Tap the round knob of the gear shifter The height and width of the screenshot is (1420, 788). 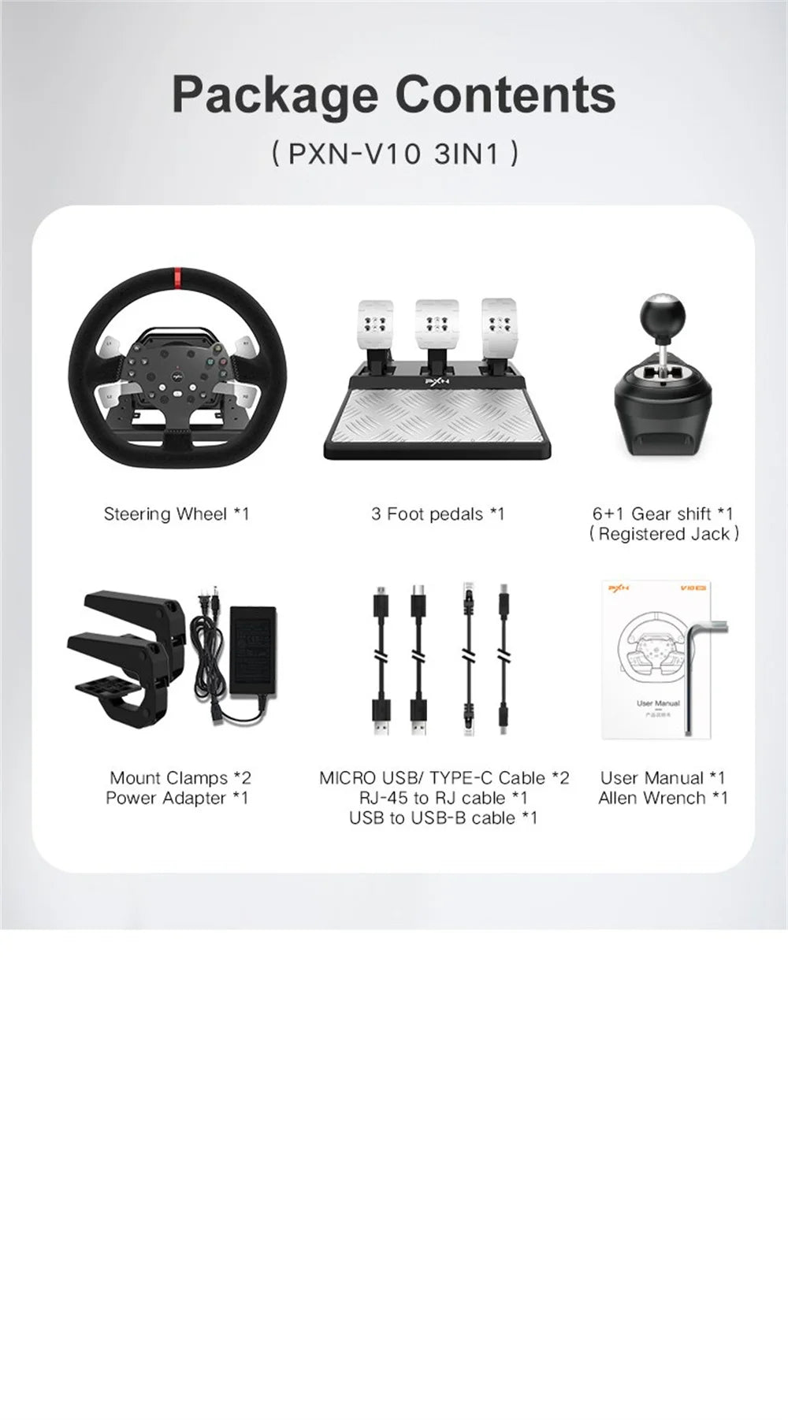pyautogui.click(x=666, y=319)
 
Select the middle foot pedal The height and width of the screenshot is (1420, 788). pyautogui.click(x=437, y=323)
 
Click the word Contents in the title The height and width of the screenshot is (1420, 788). pyautogui.click(x=504, y=95)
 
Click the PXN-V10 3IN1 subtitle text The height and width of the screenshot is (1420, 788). pyautogui.click(x=394, y=154)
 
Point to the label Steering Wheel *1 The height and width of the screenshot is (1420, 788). pyautogui.click(x=177, y=514)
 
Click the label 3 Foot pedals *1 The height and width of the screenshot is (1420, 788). pyautogui.click(x=437, y=514)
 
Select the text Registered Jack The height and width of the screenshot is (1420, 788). pyautogui.click(x=663, y=534)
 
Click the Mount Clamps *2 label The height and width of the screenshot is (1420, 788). pyautogui.click(x=180, y=778)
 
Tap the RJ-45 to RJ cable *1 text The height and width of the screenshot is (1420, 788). pyautogui.click(x=443, y=798)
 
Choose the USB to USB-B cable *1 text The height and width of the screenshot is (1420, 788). pyautogui.click(x=443, y=818)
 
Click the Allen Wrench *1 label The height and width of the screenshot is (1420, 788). pyautogui.click(x=663, y=798)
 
